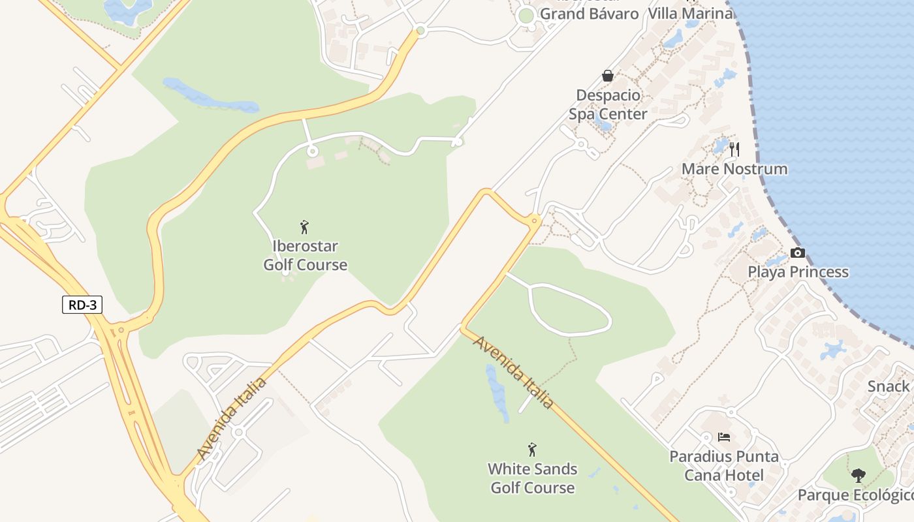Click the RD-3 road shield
pyautogui.click(x=82, y=305)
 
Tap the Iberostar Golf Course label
pyautogui.click(x=305, y=256)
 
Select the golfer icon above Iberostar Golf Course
pyautogui.click(x=304, y=227)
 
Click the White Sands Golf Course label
pyautogui.click(x=533, y=478)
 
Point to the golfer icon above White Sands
pyautogui.click(x=532, y=450)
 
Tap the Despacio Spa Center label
pyautogui.click(x=608, y=104)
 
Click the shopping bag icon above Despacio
pyautogui.click(x=608, y=76)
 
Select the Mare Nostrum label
pyautogui.click(x=734, y=169)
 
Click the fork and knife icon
pyautogui.click(x=734, y=149)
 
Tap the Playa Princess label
pyautogui.click(x=798, y=272)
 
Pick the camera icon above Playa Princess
pyautogui.click(x=798, y=253)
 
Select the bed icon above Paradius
pyautogui.click(x=724, y=437)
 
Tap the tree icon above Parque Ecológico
pyautogui.click(x=859, y=476)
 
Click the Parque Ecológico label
pyautogui.click(x=855, y=495)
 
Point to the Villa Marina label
pyautogui.click(x=690, y=13)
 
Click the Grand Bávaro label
pyautogui.click(x=589, y=13)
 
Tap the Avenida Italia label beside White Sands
pyautogui.click(x=514, y=373)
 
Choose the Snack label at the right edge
pyautogui.click(x=889, y=386)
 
